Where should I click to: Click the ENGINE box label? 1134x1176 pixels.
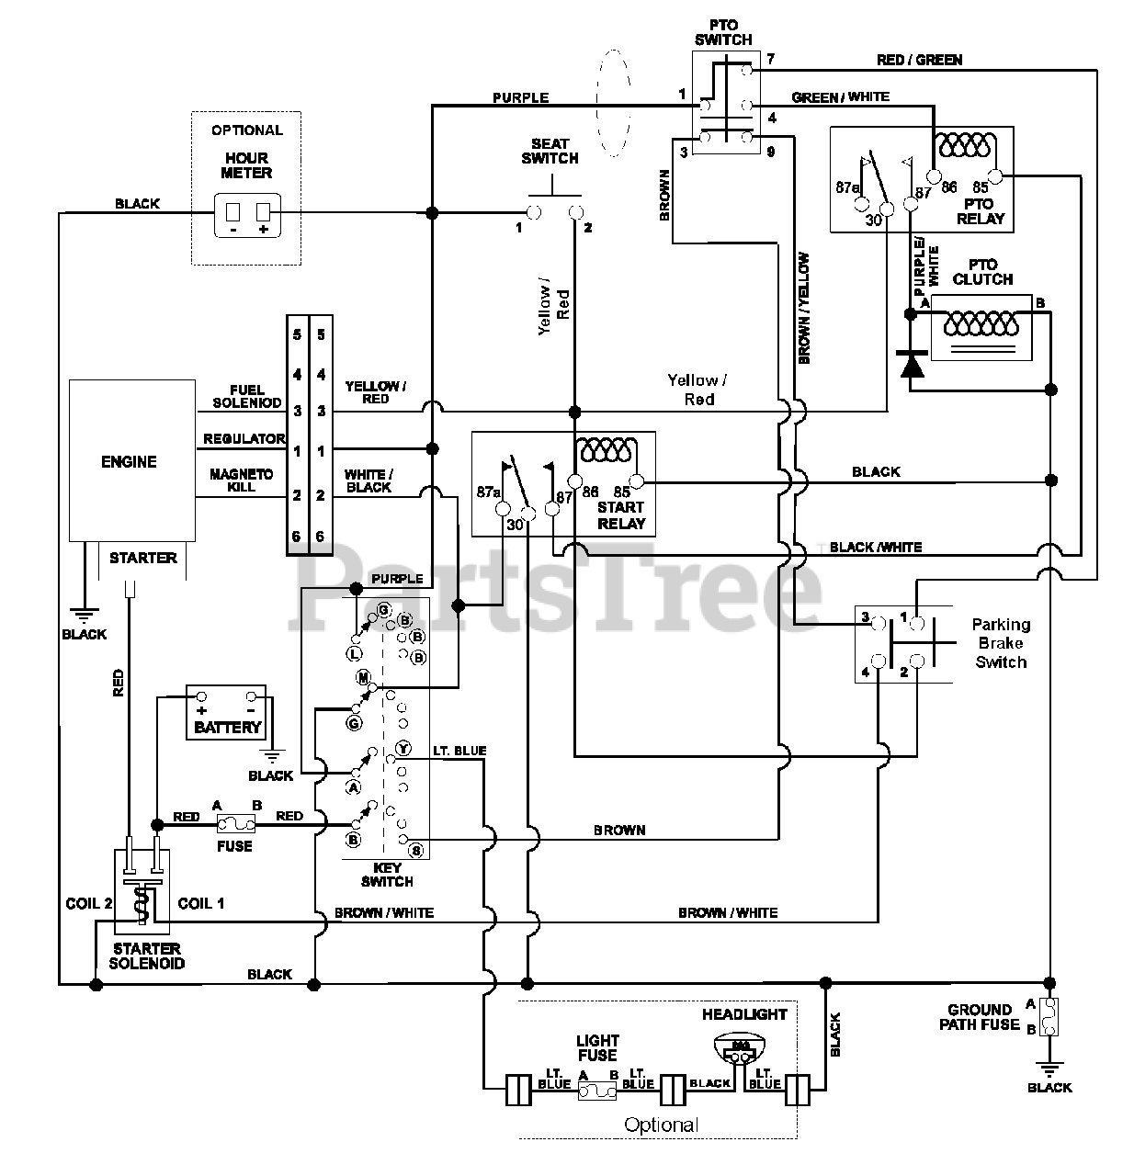pos(129,462)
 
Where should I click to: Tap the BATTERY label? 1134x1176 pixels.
pos(227,727)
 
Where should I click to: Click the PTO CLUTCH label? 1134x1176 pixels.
pos(982,272)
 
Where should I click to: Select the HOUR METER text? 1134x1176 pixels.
pos(246,165)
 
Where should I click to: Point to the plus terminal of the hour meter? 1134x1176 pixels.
pos(263,212)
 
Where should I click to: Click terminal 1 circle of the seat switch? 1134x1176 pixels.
pos(534,212)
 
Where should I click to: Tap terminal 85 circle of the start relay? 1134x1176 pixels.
pos(637,481)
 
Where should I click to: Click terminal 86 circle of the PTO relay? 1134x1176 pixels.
pos(934,176)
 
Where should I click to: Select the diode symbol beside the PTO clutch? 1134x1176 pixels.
pos(911,363)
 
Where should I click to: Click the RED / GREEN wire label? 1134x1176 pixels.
pos(919,60)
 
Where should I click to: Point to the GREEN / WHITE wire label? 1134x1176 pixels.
pos(840,96)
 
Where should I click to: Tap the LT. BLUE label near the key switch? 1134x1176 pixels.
pos(459,751)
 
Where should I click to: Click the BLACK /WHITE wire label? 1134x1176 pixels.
pos(875,547)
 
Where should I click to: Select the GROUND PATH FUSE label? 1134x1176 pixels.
pos(979,1017)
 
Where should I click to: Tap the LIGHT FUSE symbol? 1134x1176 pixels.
pos(597,1091)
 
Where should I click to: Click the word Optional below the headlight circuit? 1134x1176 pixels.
pos(661,1125)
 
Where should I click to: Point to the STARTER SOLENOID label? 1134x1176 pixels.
pos(147,956)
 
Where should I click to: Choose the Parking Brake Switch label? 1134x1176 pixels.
pos(1001,643)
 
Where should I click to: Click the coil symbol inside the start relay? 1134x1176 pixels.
pos(606,449)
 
